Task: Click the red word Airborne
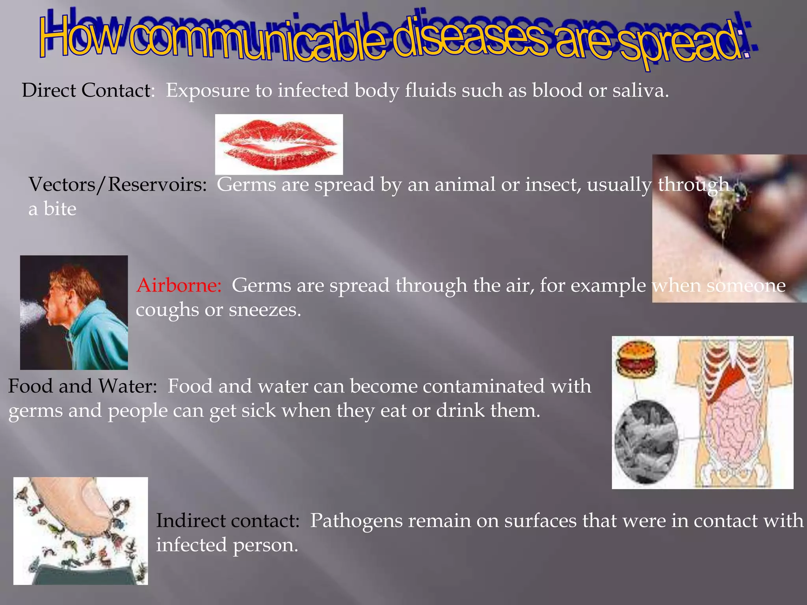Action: pyautogui.click(x=179, y=285)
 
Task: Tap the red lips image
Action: pyautogui.click(x=279, y=144)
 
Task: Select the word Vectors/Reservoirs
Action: pyautogui.click(x=117, y=185)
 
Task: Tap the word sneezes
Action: pyautogui.click(x=265, y=310)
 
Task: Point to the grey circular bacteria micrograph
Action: pyautogui.click(x=646, y=441)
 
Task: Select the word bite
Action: pyautogui.click(x=60, y=209)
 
